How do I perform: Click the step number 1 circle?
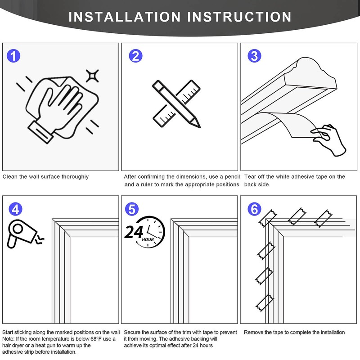click(x=13, y=56)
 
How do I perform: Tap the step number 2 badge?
click(x=135, y=56)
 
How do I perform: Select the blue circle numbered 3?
click(x=254, y=56)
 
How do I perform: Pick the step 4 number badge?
click(x=15, y=209)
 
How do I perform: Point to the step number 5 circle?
click(x=132, y=209)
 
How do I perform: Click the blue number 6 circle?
click(x=254, y=209)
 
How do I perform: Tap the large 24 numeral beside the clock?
click(x=134, y=232)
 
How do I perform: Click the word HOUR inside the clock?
click(x=148, y=239)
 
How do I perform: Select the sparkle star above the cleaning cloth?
click(x=92, y=76)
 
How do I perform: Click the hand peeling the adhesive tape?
click(x=329, y=139)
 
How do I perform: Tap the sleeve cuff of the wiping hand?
click(x=40, y=132)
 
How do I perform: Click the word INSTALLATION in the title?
click(x=125, y=17)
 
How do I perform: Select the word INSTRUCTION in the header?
click(x=239, y=17)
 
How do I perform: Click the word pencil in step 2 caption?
click(x=232, y=177)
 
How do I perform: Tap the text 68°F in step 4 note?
click(x=94, y=339)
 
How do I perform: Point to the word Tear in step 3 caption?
click(x=249, y=176)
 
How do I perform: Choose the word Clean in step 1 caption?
click(x=10, y=176)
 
